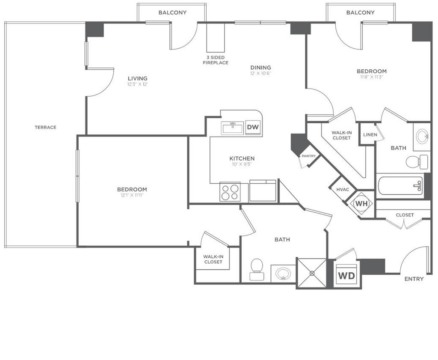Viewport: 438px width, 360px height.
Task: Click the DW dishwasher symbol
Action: click(x=253, y=127)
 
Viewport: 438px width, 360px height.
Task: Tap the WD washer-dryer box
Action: click(x=346, y=275)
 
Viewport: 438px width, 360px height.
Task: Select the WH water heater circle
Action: click(x=362, y=203)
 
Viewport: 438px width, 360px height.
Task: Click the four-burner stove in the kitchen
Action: click(x=230, y=192)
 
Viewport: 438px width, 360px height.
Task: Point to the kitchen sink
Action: click(x=232, y=128)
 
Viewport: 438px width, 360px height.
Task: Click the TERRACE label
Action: click(x=45, y=128)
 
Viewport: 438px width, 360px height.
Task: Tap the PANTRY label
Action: click(x=309, y=156)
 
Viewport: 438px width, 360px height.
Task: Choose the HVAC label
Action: click(x=343, y=190)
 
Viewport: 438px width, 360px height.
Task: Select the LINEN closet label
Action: click(x=370, y=134)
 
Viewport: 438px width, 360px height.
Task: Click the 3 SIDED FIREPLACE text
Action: click(x=216, y=60)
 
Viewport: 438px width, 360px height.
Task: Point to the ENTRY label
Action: click(x=414, y=279)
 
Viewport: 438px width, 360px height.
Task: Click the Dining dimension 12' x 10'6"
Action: click(x=260, y=74)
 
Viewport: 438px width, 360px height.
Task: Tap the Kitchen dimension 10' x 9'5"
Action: click(x=242, y=164)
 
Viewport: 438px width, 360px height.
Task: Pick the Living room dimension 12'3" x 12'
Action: click(x=137, y=84)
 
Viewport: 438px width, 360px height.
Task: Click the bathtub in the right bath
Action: click(x=400, y=186)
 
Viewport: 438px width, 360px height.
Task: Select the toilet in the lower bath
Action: click(x=257, y=269)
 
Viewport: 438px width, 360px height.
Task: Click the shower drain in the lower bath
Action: click(x=312, y=274)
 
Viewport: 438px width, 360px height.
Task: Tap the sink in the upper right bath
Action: click(x=422, y=137)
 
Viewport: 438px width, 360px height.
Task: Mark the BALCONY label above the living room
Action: click(x=172, y=12)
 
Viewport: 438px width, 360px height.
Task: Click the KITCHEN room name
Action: click(x=242, y=158)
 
